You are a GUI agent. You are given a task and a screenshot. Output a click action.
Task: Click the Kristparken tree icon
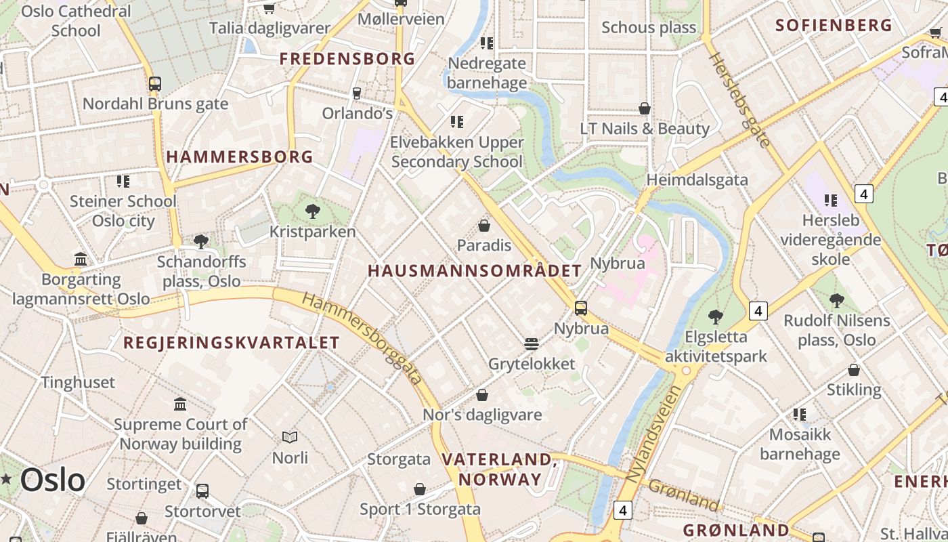tap(312, 211)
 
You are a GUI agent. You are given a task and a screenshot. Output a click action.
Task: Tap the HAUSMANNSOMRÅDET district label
tap(474, 271)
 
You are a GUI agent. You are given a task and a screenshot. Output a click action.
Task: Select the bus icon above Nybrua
tap(580, 308)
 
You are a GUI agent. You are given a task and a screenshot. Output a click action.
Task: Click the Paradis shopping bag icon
tap(484, 225)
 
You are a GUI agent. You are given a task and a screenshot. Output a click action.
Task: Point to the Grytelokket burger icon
tap(532, 344)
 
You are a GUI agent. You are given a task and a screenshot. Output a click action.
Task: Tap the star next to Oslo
tap(7, 480)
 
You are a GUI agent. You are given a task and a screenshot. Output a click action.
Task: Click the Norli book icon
tap(290, 438)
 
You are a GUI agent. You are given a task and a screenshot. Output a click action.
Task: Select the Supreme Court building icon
tap(180, 404)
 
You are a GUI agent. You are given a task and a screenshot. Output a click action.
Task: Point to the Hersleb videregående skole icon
tap(831, 200)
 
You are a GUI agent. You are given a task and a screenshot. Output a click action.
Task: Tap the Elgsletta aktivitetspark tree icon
tap(715, 316)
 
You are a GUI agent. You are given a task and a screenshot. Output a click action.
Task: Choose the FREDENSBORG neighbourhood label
tap(347, 59)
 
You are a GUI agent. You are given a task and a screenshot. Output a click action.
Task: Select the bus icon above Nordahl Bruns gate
tap(155, 84)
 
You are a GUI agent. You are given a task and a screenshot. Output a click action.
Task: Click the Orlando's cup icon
tap(357, 93)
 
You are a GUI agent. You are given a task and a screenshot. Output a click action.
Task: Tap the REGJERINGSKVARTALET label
tap(231, 342)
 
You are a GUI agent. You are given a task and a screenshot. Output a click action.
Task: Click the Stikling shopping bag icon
tap(854, 370)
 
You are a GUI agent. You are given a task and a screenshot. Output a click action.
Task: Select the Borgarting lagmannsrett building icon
tap(81, 259)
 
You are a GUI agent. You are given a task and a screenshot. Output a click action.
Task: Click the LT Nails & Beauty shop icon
tap(645, 108)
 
